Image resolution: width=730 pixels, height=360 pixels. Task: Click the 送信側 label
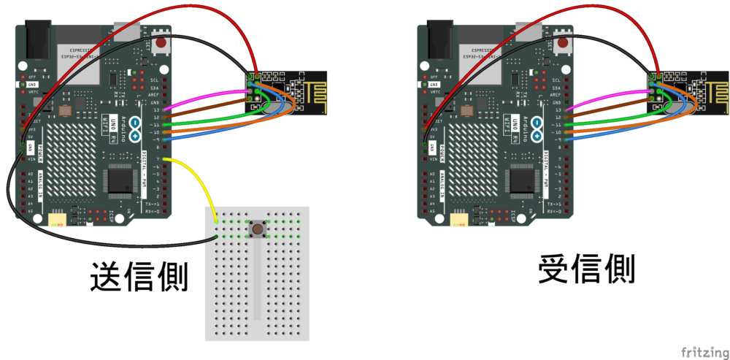(x=139, y=277)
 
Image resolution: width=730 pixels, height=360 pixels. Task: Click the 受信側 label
(x=586, y=269)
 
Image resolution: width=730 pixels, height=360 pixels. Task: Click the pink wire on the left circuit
(x=212, y=94)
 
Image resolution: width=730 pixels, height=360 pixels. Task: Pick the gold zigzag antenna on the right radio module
(x=712, y=92)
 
